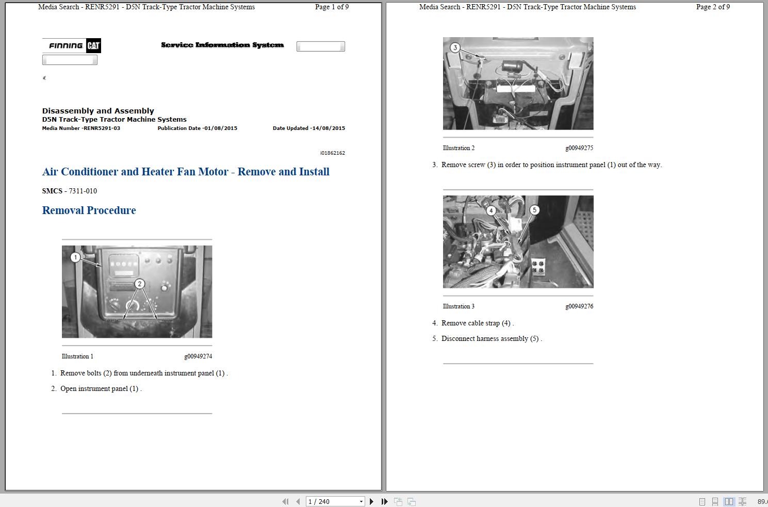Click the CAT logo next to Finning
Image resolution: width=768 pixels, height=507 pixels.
pyautogui.click(x=93, y=45)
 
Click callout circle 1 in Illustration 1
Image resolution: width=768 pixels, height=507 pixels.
pyautogui.click(x=75, y=257)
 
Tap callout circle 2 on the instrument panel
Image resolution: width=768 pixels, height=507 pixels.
pyautogui.click(x=139, y=284)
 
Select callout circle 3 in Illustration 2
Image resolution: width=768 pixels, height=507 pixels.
pyautogui.click(x=455, y=47)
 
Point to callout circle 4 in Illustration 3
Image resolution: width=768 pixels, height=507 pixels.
pyautogui.click(x=491, y=210)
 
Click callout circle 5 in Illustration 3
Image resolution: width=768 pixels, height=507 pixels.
pyautogui.click(x=534, y=210)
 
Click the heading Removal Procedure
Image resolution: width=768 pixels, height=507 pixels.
pyautogui.click(x=89, y=210)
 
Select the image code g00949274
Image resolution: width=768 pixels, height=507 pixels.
pyautogui.click(x=198, y=356)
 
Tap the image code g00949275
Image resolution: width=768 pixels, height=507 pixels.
pyautogui.click(x=579, y=148)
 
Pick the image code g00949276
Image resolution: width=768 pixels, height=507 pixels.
pyautogui.click(x=579, y=306)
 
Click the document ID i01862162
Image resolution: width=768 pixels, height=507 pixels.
pyautogui.click(x=333, y=153)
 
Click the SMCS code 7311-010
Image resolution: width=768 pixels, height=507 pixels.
pyautogui.click(x=83, y=191)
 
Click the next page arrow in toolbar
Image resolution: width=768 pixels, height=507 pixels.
pyautogui.click(x=371, y=501)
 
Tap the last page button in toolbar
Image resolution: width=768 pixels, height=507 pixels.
pyautogui.click(x=384, y=501)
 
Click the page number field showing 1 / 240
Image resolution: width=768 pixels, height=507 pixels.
pyautogui.click(x=335, y=501)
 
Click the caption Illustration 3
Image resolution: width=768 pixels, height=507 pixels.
pyautogui.click(x=459, y=306)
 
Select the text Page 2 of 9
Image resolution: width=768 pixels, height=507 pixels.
pyautogui.click(x=713, y=7)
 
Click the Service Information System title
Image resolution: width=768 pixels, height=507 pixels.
pyautogui.click(x=222, y=45)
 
